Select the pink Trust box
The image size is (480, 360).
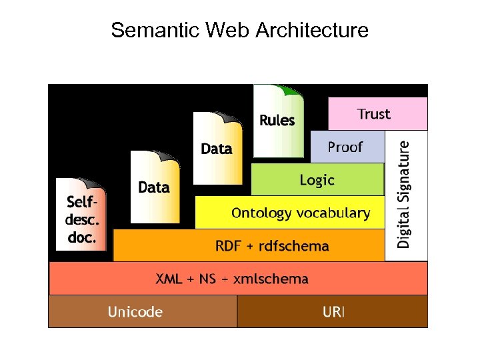[377, 113]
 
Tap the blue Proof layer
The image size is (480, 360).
[347, 147]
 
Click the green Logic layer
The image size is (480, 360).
[317, 179]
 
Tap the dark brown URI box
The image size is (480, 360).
[333, 311]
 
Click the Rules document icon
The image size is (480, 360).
[278, 122]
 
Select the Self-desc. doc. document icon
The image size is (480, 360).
[81, 215]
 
